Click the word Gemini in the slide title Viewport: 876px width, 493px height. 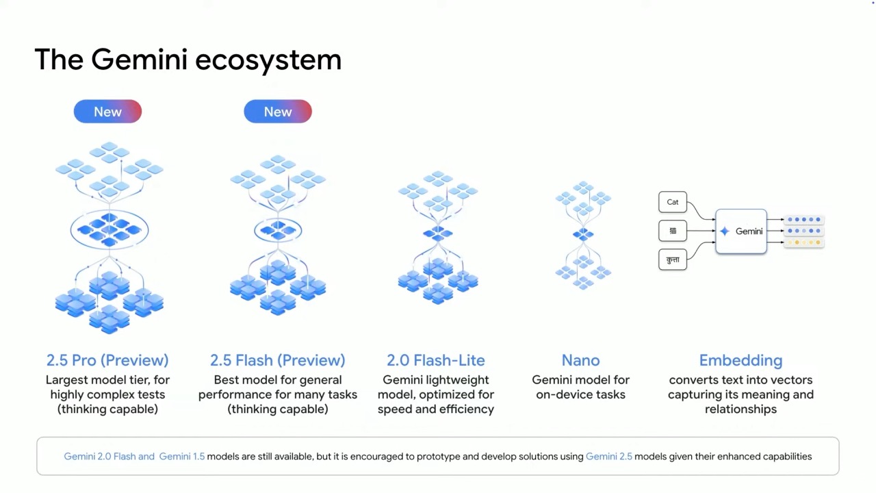140,60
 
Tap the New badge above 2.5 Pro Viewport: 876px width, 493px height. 107,112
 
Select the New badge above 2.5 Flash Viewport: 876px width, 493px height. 278,112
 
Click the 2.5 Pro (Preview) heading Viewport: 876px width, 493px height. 107,360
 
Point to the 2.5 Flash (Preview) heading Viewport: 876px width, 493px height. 278,360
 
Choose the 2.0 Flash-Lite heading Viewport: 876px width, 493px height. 436,360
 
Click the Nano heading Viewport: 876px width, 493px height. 581,360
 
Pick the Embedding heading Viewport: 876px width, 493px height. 740,361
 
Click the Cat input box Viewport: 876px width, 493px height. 673,202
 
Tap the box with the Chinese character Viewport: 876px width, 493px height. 673,231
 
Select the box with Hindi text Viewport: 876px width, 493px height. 673,260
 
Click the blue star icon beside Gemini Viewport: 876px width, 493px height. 725,231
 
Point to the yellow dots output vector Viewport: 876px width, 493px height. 803,242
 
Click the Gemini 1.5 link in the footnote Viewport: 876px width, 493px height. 182,457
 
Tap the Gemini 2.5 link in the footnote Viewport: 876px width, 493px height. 609,457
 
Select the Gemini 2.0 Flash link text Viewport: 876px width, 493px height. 100,457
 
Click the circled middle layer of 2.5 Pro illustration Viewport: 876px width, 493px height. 109,229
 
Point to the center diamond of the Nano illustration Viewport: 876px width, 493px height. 583,234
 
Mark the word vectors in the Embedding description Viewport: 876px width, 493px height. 789,380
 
